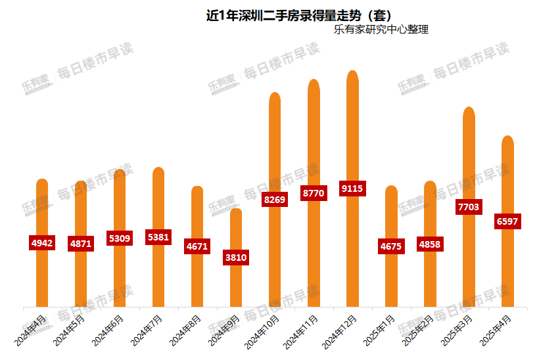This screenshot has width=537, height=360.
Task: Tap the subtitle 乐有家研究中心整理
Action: tap(381, 30)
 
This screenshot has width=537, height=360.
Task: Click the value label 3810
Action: tap(236, 258)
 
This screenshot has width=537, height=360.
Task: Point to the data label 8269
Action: tap(275, 200)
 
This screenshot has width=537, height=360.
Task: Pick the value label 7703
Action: tap(469, 207)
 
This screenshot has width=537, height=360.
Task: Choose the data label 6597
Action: tap(507, 221)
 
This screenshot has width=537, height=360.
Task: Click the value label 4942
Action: tap(42, 243)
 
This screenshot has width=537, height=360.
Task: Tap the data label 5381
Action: tap(158, 237)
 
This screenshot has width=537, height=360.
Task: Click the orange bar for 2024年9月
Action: tap(236, 289)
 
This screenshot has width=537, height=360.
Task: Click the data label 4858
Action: tap(430, 245)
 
